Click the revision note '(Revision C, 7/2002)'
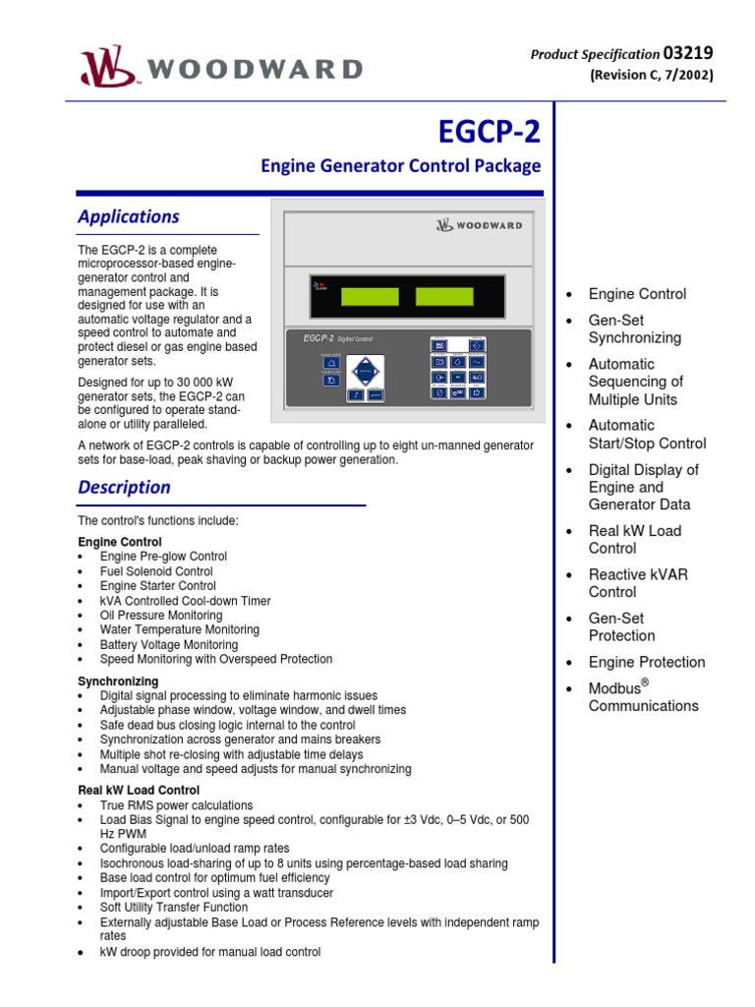pos(651,75)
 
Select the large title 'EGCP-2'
pos(489,132)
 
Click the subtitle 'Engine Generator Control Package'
pos(400,166)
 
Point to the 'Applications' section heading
pos(129,216)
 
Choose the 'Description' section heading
pos(124,487)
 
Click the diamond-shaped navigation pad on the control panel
pos(366,373)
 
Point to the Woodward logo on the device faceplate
pos(479,225)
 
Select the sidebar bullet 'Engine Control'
pos(637,294)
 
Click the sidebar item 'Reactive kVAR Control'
pos(637,583)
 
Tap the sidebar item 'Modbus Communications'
pos(642,696)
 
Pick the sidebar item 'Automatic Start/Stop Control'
pos(646,434)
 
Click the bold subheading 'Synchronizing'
pos(118,681)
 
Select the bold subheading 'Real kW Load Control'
pos(139,790)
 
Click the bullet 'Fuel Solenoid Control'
pos(156,571)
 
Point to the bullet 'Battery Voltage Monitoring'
pos(169,644)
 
